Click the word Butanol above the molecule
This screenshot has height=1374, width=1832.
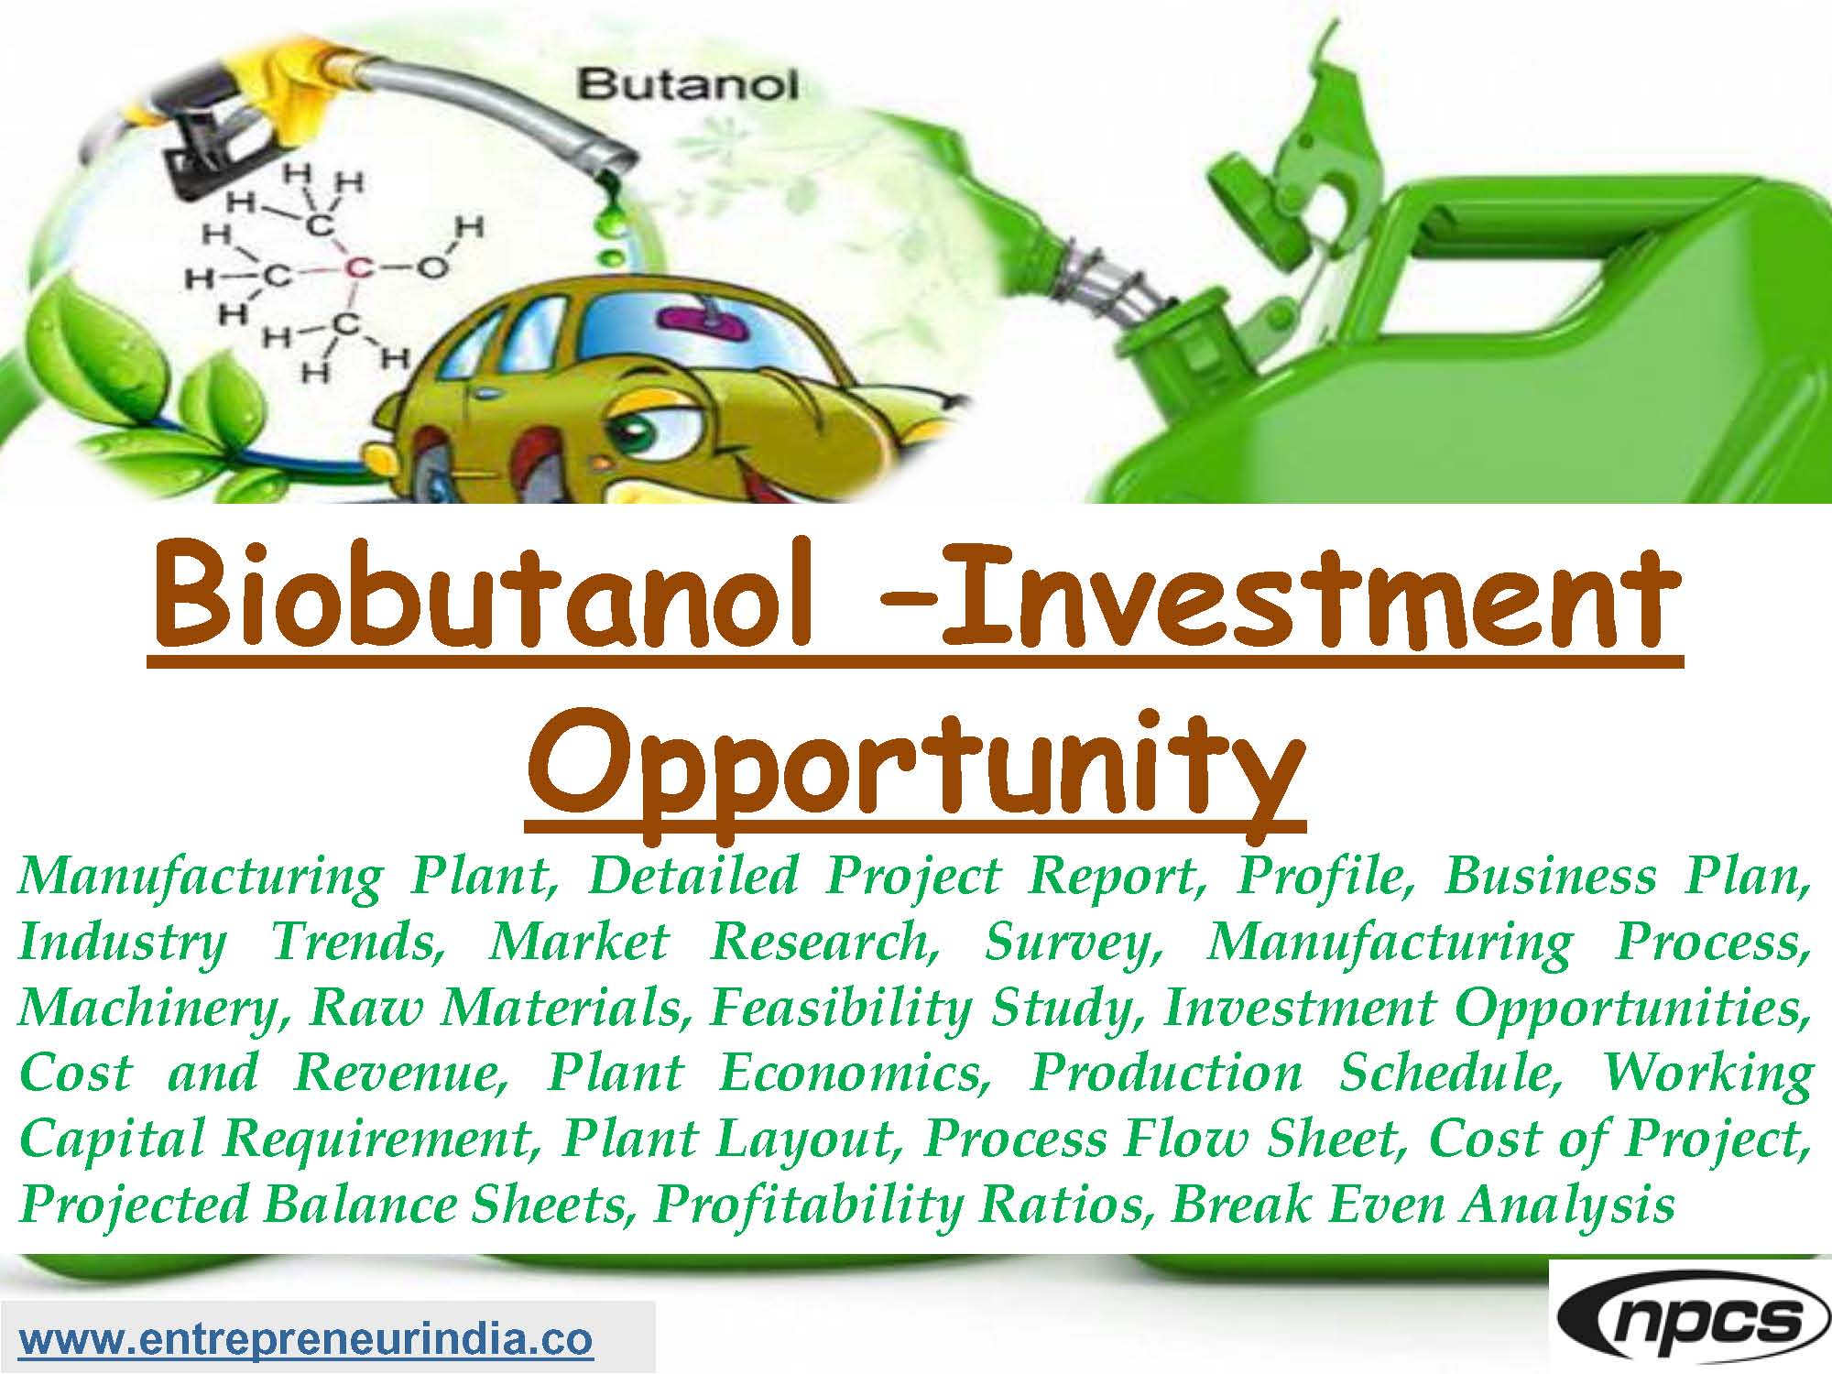[x=688, y=86]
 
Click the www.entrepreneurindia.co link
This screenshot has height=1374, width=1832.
[x=306, y=1339]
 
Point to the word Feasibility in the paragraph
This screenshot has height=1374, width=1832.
[x=839, y=1008]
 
